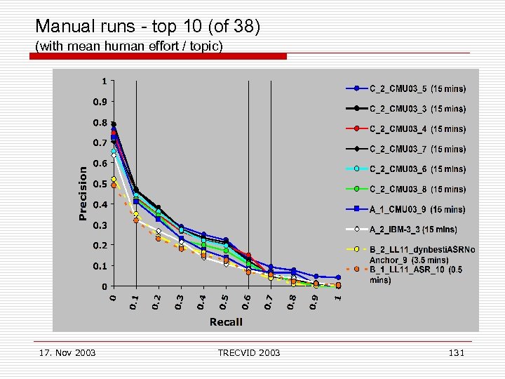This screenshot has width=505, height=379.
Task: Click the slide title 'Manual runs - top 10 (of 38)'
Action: click(147, 27)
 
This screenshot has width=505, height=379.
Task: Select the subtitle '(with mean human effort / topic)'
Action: click(129, 46)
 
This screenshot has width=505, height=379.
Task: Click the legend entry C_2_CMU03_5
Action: click(417, 88)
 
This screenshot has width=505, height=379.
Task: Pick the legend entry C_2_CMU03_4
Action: click(417, 129)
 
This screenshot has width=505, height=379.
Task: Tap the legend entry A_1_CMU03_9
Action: click(417, 209)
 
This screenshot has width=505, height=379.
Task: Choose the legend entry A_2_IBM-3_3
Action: click(413, 230)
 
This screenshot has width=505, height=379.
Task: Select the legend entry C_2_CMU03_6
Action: click(417, 169)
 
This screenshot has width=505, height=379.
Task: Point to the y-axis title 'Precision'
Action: click(83, 193)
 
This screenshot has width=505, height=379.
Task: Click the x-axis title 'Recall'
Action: click(226, 321)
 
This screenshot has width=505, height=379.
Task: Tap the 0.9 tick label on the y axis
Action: click(100, 102)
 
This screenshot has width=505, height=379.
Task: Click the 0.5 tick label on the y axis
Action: click(100, 184)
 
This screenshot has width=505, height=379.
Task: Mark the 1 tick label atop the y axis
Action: click(105, 81)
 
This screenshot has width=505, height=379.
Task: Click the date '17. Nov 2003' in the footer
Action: click(65, 352)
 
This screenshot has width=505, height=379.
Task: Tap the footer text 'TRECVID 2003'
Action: click(249, 352)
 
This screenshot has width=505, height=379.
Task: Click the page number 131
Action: click(456, 352)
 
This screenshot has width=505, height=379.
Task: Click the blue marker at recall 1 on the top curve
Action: click(338, 278)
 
